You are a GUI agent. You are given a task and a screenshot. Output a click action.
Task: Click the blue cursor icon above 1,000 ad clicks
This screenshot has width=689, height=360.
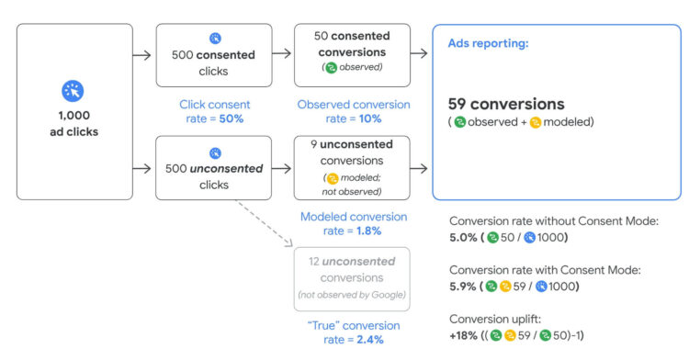tap(73, 91)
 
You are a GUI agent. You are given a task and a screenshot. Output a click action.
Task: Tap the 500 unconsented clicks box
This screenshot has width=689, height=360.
tap(213, 168)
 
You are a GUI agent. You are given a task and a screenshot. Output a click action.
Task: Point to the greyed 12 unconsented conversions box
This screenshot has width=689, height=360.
tap(351, 278)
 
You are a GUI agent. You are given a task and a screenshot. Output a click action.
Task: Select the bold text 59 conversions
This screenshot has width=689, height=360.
tap(506, 104)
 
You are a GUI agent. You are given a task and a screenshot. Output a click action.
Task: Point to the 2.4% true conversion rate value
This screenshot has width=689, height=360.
tap(368, 340)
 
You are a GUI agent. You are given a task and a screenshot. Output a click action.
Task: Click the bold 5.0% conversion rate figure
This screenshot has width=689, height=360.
tap(464, 238)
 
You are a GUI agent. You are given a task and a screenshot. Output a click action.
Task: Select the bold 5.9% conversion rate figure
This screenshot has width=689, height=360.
tap(464, 286)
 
